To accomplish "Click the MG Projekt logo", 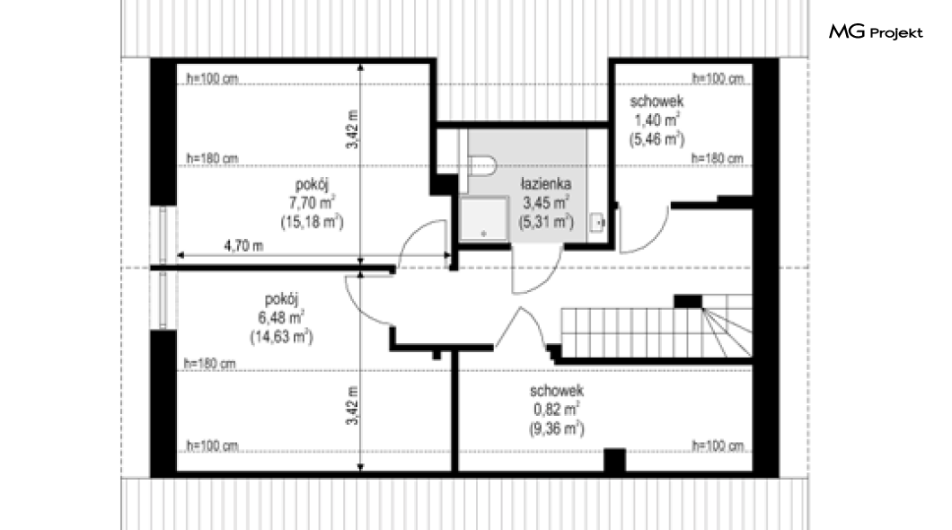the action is (x=876, y=32).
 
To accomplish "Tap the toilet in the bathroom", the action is (x=482, y=165).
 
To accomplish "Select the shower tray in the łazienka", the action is (x=483, y=218).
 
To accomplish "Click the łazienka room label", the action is (x=546, y=183).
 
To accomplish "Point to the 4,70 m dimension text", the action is (x=243, y=246).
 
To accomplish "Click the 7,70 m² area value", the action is (x=312, y=202).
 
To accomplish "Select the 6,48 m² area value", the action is (x=281, y=317).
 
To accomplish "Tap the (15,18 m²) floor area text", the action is (x=312, y=222).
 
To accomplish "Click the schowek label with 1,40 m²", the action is (x=657, y=102).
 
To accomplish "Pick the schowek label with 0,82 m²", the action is (x=557, y=391).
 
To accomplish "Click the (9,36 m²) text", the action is (x=557, y=429).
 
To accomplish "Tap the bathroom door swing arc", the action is (x=545, y=283).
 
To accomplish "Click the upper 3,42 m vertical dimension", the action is (x=353, y=129).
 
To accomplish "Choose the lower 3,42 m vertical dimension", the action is (x=353, y=406).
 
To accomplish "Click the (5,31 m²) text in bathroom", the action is (x=546, y=222).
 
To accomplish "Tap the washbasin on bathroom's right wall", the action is (x=598, y=223).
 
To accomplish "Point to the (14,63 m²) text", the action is (x=282, y=337).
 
